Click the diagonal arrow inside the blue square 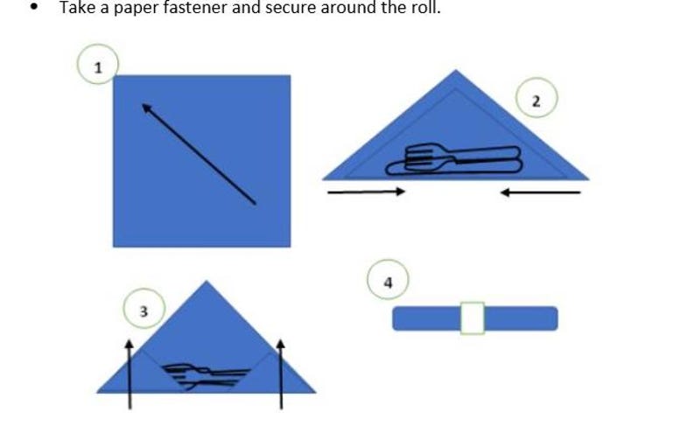pos(199,154)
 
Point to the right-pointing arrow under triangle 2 pos(366,192)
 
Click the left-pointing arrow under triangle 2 pos(540,192)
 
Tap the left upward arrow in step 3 pos(130,374)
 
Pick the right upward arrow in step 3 pos(281,374)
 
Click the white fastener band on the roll pos(473,318)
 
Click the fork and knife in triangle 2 pos(454,159)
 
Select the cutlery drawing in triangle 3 pos(206,376)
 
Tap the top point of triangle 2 pos(456,70)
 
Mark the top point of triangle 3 pos(206,281)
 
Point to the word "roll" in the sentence pos(427,8)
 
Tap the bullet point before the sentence pos(33,8)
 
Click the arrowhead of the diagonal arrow pos(146,108)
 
